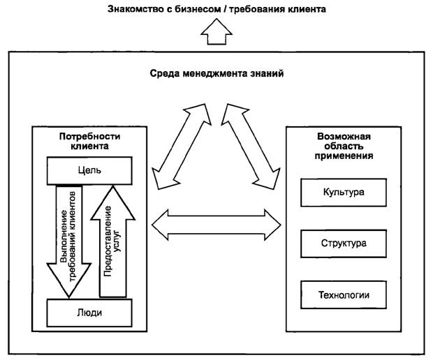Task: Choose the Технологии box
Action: [344, 295]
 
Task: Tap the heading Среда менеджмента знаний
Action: [216, 73]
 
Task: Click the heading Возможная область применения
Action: [343, 147]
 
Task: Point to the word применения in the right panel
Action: [343, 157]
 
